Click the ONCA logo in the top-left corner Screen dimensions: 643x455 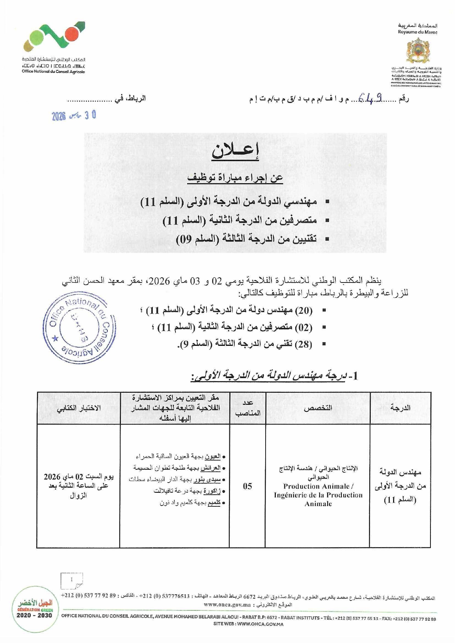[54, 38]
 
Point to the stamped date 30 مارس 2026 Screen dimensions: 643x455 [74, 115]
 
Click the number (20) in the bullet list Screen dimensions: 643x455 [304, 311]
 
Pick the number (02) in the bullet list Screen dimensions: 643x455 [304, 328]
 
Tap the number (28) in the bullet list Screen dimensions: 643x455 [304, 344]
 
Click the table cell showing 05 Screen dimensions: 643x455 [247, 486]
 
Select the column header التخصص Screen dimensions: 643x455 [318, 408]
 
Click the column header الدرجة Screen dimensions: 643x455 [400, 408]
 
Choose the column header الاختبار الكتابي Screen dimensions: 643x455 [78, 408]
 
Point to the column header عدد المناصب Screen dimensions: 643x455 [248, 408]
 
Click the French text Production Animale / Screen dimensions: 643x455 [318, 487]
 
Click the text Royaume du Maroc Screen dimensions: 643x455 [418, 32]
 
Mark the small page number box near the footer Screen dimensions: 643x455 [72, 580]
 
